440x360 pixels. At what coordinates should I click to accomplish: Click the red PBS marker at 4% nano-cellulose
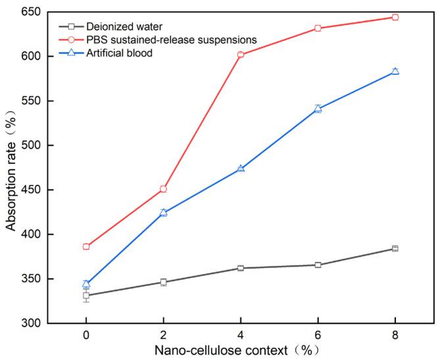point(241,55)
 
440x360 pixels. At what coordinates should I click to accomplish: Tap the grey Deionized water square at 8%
point(395,249)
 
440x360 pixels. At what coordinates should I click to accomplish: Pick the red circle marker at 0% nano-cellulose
point(86,247)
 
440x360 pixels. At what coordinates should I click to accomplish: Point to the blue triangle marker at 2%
point(163,213)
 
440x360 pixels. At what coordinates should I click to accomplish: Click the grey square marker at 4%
point(241,269)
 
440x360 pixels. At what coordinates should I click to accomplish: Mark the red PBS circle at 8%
point(395,17)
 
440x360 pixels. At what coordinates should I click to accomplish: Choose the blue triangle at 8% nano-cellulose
point(395,71)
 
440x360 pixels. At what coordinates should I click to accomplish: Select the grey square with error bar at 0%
point(86,296)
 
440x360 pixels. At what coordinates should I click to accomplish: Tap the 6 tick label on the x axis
point(318,334)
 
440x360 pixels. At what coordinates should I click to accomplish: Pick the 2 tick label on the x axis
point(163,334)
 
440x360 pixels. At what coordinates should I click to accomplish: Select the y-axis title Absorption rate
point(11,168)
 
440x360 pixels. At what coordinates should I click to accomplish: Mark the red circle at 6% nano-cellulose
point(318,28)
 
